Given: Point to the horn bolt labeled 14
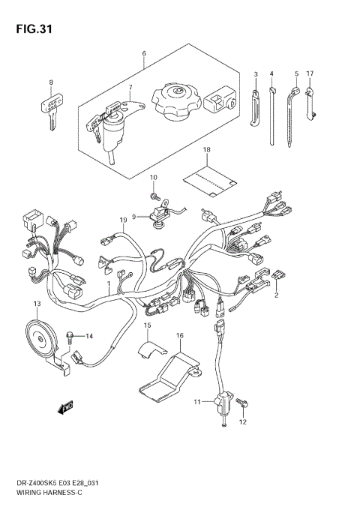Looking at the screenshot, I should pyautogui.click(x=71, y=336).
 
